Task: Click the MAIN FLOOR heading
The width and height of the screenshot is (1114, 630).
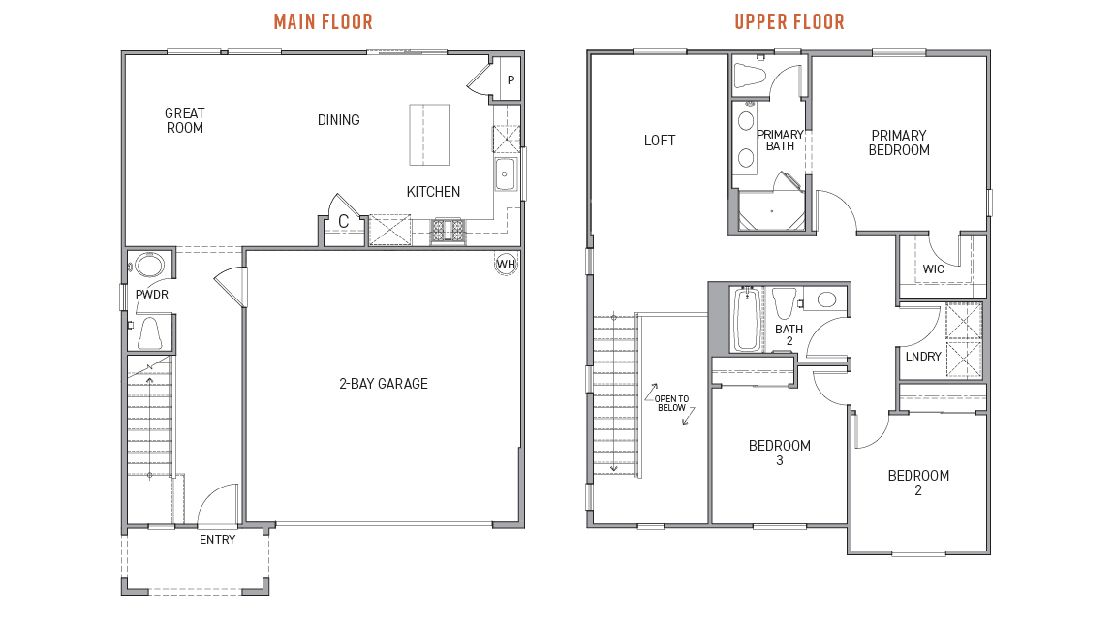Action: [323, 21]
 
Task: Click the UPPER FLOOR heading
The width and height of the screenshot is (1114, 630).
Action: [789, 21]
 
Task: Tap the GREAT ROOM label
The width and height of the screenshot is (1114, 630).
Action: [184, 120]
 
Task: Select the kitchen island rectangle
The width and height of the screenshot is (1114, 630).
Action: [430, 135]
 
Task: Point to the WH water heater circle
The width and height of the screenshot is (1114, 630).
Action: [506, 264]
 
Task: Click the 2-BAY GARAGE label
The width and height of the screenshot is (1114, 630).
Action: [384, 384]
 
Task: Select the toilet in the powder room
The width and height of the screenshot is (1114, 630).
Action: [150, 332]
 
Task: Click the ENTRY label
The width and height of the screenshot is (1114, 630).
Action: [217, 540]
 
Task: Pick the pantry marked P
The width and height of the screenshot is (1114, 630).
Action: [511, 80]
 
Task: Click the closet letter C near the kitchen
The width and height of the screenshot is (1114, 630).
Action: [343, 222]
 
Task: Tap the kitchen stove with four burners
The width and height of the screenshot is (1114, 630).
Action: [448, 230]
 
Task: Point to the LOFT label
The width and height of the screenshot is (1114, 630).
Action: [660, 141]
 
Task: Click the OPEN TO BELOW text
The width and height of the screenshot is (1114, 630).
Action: [670, 403]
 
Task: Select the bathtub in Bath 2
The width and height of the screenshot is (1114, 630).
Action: [746, 319]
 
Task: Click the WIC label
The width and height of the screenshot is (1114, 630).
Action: [934, 269]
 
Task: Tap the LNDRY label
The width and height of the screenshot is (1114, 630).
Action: [922, 357]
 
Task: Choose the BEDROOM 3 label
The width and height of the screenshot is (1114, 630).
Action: [779, 453]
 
